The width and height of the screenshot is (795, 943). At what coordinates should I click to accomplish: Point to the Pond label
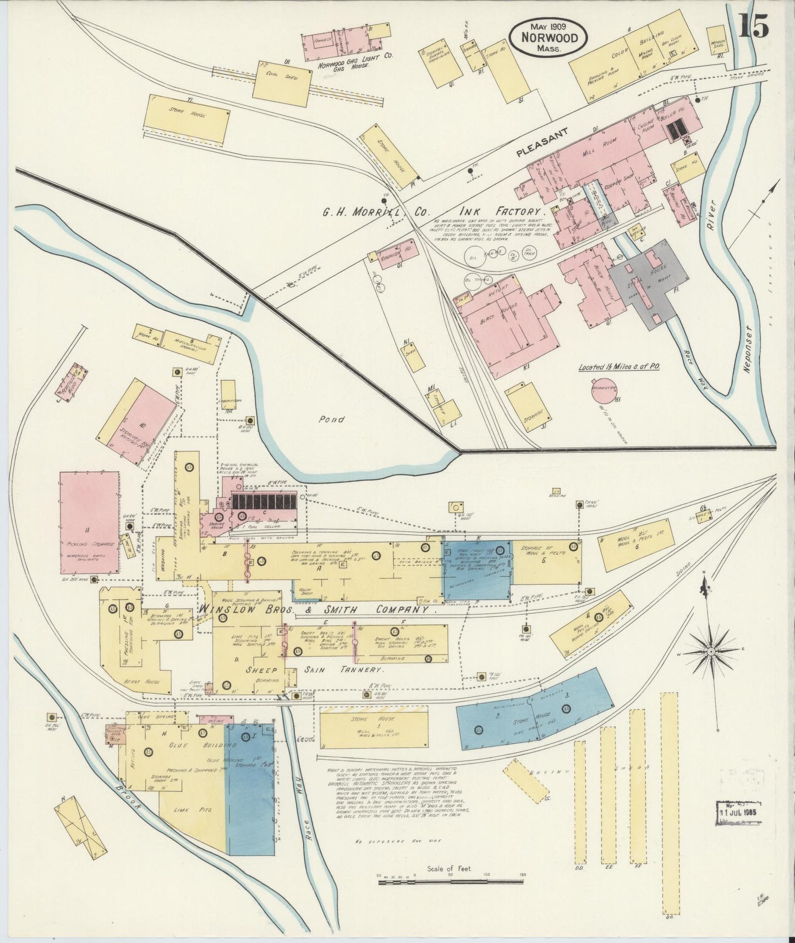click(x=332, y=419)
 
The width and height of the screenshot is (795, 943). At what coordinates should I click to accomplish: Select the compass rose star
click(x=711, y=652)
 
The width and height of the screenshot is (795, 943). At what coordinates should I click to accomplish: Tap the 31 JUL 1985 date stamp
click(x=739, y=813)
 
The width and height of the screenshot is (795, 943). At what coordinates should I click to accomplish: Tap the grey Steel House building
click(x=649, y=283)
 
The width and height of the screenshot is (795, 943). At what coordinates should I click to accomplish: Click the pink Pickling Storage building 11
click(x=89, y=523)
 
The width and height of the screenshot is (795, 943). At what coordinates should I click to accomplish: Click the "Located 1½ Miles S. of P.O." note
click(x=619, y=366)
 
